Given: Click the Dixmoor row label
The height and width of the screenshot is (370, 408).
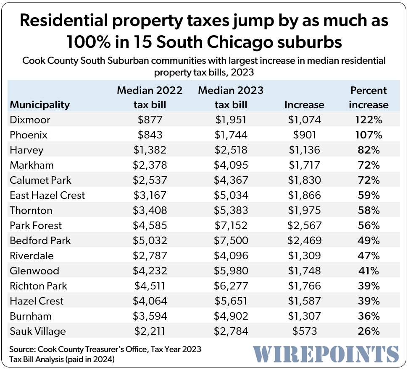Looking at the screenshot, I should coord(30,120).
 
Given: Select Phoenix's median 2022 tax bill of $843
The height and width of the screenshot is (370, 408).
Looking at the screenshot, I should coord(150,135).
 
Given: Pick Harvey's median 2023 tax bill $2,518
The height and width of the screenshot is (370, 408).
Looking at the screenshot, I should coord(232,150).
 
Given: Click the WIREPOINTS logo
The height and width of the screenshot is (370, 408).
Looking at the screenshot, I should coord(326,354).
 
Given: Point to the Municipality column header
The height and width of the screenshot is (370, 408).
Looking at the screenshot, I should coord(40,104).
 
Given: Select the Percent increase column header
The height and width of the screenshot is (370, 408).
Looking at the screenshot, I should coord(369,97).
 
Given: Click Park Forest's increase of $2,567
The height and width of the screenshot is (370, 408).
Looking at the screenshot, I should coord(304,226).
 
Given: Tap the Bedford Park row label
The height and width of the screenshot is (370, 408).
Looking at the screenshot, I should coord(40,241).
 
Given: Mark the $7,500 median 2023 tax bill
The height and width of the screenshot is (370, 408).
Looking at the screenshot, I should coord(232,241).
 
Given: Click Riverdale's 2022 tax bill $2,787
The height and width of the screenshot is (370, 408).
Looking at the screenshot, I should coord(150,256).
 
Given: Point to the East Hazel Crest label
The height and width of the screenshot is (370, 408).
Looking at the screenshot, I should coord(47,195).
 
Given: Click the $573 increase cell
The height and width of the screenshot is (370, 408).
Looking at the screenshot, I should coord(304,331).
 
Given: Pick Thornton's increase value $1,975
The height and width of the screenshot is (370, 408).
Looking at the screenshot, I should coord(304,211).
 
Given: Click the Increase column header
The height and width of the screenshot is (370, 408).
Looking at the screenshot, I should coord(304,104).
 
